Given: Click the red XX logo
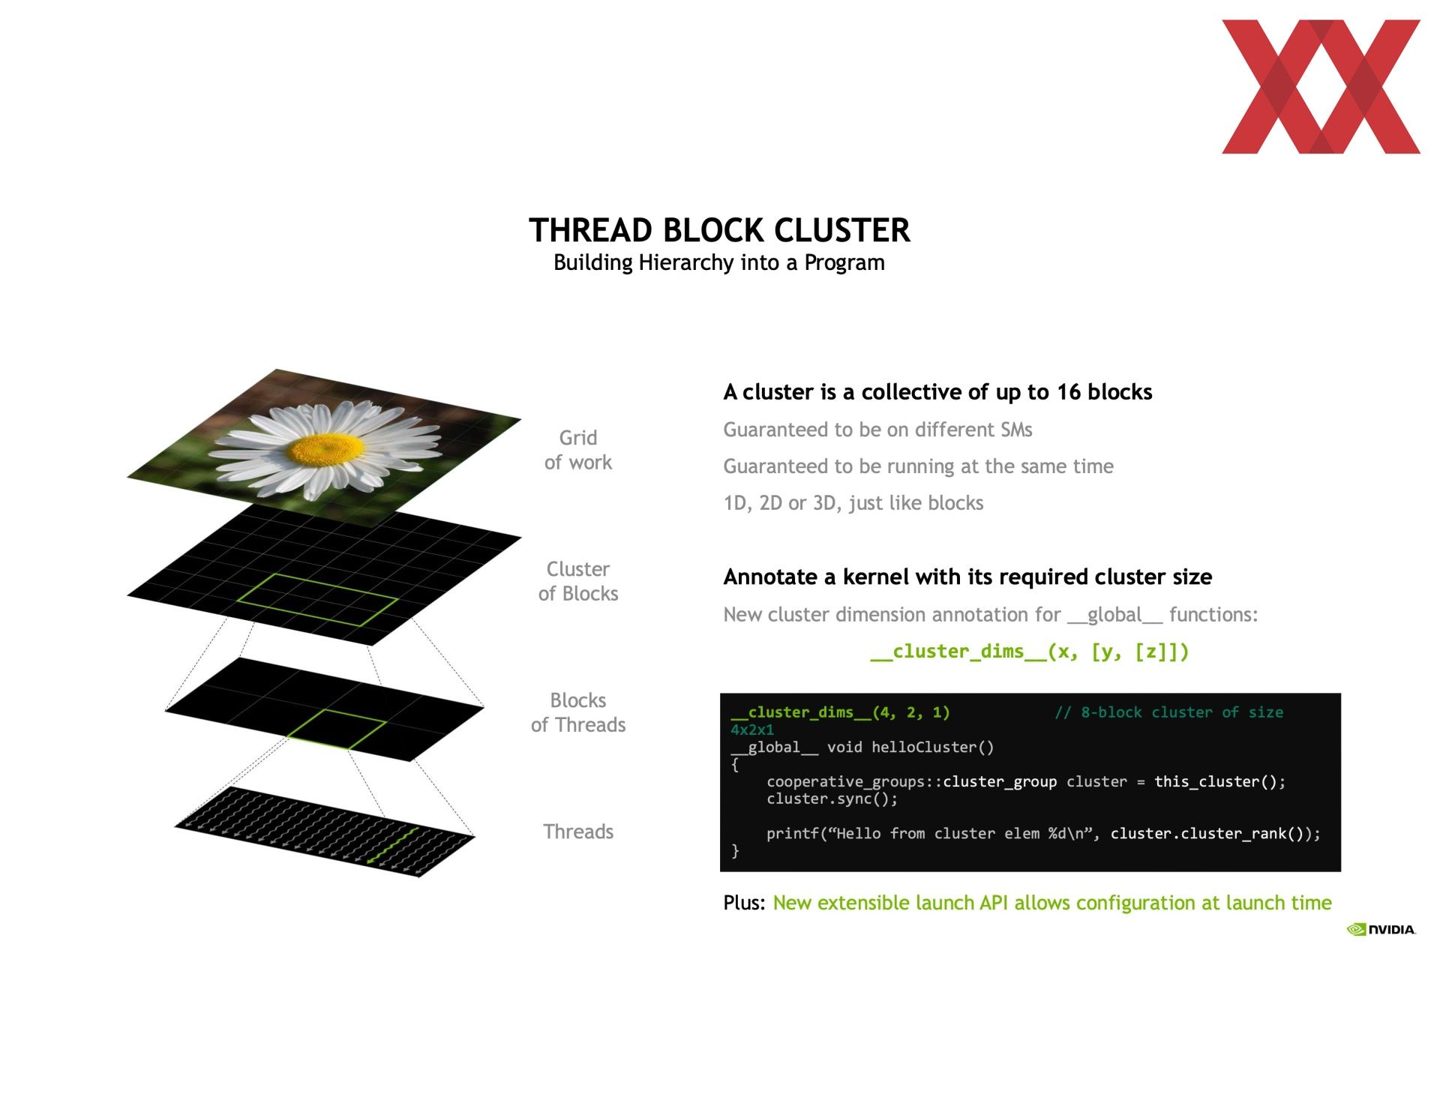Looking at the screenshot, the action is [x=1321, y=86].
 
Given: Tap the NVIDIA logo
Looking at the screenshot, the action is [x=1381, y=929].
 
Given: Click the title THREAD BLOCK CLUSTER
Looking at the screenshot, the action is [x=719, y=230].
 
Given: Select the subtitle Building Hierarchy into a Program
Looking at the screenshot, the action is [x=719, y=262].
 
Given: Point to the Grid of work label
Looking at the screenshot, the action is [x=578, y=450].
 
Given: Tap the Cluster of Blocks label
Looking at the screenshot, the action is [x=578, y=581].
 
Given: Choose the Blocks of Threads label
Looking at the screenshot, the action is [x=578, y=712].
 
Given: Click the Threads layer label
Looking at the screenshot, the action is [x=578, y=832].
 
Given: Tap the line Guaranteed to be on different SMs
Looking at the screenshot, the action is [x=877, y=430].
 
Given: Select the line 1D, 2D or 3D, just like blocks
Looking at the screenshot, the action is [x=853, y=503].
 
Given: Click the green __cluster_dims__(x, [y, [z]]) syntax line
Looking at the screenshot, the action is [x=1030, y=652].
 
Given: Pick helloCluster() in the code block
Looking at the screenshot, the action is [x=932, y=747].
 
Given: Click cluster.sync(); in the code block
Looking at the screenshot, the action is [x=832, y=799].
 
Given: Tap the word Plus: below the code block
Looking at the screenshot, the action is [x=744, y=903].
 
